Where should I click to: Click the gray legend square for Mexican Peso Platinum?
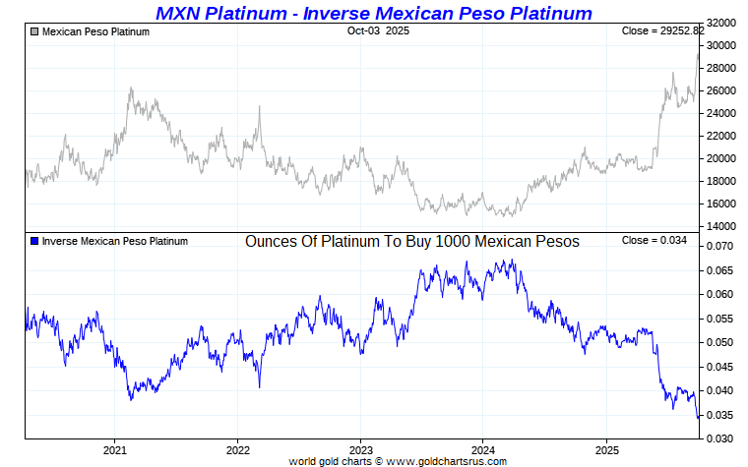pos(34,32)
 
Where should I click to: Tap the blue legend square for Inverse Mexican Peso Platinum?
pos(34,241)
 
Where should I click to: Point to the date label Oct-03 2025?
pos(378,31)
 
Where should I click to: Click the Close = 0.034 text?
pos(654,241)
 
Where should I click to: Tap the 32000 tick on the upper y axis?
pos(722,23)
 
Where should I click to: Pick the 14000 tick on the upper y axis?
pos(722,226)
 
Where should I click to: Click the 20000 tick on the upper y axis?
pos(722,158)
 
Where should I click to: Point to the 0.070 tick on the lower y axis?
pos(722,246)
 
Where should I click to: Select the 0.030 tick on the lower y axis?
pos(722,438)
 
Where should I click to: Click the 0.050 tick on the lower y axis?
pos(722,342)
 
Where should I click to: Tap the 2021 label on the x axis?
pos(115,450)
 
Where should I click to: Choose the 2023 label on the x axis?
pos(360,450)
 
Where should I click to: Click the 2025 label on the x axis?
pos(606,450)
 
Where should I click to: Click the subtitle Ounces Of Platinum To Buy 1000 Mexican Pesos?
pos(411,241)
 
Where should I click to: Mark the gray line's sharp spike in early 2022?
pos(260,107)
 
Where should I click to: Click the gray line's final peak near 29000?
pos(698,54)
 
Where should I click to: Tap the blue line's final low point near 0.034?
pos(699,418)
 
